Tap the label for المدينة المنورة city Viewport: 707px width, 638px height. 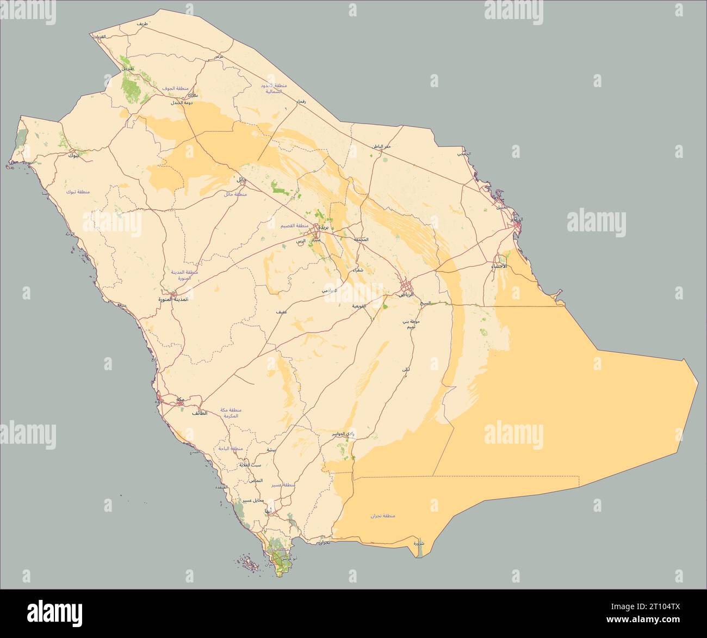(173, 299)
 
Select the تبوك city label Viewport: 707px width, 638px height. (72, 156)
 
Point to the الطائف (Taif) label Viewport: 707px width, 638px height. (199, 413)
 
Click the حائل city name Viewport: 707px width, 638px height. (241, 179)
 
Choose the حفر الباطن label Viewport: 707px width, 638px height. (382, 146)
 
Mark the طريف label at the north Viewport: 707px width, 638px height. (142, 24)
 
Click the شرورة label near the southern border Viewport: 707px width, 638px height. (418, 543)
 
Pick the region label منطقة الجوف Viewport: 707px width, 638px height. (175, 88)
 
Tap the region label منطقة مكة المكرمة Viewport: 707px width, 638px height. (231, 413)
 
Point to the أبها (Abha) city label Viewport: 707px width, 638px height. (268, 512)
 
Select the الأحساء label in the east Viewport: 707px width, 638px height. (499, 266)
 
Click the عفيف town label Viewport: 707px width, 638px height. (281, 312)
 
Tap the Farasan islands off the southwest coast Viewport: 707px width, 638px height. (250, 563)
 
